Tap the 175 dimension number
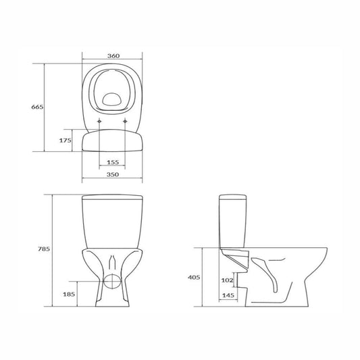65,140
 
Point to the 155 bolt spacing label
113,162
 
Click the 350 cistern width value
113,175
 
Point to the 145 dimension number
228,294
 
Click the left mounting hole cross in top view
99,122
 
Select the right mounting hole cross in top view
127,122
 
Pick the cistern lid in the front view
113,198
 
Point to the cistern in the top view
113,140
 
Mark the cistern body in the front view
113,223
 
